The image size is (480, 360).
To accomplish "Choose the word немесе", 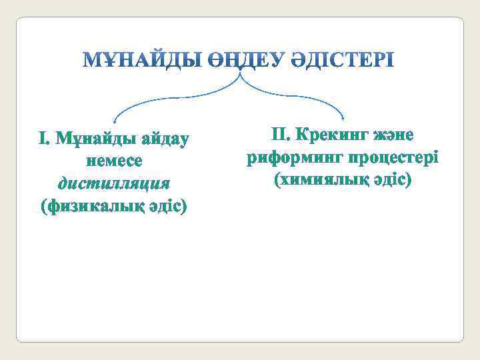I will [114, 161].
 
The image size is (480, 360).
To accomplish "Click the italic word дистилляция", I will [114, 183].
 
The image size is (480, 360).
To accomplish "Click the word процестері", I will [388, 157].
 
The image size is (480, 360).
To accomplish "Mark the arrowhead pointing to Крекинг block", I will [343, 118].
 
